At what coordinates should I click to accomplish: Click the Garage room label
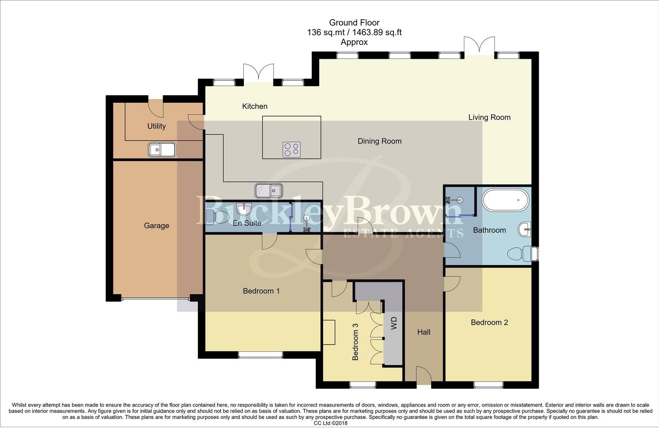pyautogui.click(x=157, y=226)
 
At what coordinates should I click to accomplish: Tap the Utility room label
pyautogui.click(x=157, y=126)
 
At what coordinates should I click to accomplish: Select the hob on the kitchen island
pyautogui.click(x=292, y=150)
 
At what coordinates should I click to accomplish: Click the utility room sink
pyautogui.click(x=162, y=150)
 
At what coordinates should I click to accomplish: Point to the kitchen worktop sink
pyautogui.click(x=269, y=190)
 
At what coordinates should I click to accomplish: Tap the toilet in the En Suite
pyautogui.click(x=217, y=217)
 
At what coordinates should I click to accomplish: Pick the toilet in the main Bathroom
pyautogui.click(x=520, y=254)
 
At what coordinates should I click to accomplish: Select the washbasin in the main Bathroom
pyautogui.click(x=525, y=229)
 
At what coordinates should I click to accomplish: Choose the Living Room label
pyautogui.click(x=490, y=117)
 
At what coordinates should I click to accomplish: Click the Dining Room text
pyautogui.click(x=380, y=141)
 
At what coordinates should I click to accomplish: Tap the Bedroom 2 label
pyautogui.click(x=490, y=322)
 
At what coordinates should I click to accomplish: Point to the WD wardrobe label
pyautogui.click(x=394, y=323)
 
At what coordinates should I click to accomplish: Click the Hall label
pyautogui.click(x=424, y=332)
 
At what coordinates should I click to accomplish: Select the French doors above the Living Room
pyautogui.click(x=480, y=46)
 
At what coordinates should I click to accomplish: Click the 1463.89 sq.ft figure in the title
pyautogui.click(x=377, y=32)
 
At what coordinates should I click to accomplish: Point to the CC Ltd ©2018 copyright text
pyautogui.click(x=330, y=423)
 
